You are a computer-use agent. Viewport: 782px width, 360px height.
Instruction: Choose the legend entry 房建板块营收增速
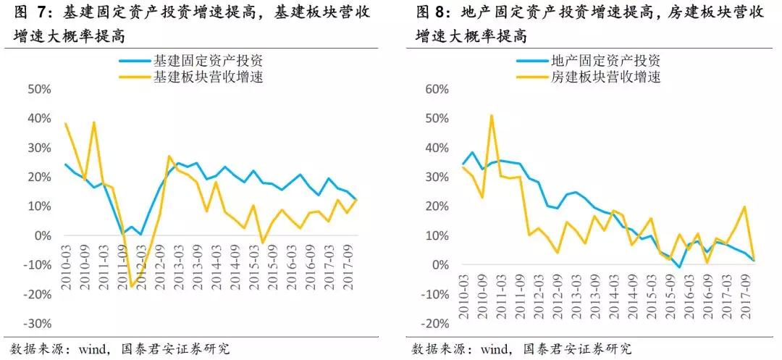coord(605,76)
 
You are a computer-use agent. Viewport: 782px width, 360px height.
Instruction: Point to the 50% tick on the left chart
coord(39,89)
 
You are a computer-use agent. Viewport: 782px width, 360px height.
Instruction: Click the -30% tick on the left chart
coord(37,323)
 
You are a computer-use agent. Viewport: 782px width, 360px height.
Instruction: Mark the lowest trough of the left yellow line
coord(132,288)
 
